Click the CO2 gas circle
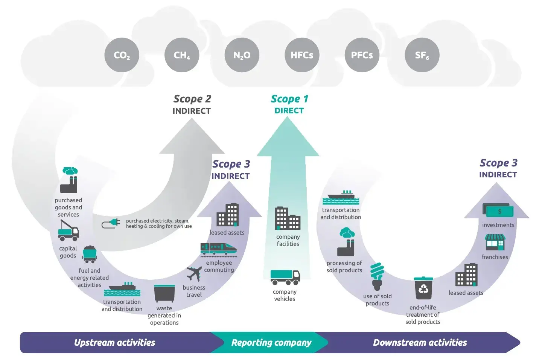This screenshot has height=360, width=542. click(x=122, y=55)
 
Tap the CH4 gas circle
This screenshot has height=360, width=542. click(x=182, y=55)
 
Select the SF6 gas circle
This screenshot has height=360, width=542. click(x=422, y=55)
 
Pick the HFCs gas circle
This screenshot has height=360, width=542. click(x=302, y=55)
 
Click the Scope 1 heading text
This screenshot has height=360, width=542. click(x=289, y=99)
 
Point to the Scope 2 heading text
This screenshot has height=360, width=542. click(x=192, y=99)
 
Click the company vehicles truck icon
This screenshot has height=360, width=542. click(x=285, y=277)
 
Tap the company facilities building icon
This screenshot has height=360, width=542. click(x=288, y=218)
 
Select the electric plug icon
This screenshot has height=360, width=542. click(x=111, y=224)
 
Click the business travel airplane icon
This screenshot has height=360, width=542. click(x=194, y=274)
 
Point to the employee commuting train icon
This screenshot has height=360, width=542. click(x=219, y=249)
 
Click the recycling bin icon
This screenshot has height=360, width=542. click(x=423, y=288)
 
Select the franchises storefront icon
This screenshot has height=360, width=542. click(x=495, y=243)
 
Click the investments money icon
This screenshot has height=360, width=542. click(x=498, y=211)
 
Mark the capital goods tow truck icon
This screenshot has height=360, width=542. click(x=69, y=230)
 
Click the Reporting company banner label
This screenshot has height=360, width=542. click(x=271, y=342)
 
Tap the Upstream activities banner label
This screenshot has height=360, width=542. click(x=114, y=342)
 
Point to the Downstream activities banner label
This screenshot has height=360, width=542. click(x=420, y=342)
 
